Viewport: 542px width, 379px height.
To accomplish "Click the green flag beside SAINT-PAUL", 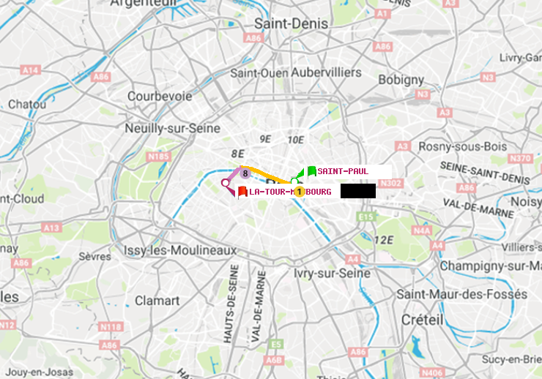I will tap(312, 171).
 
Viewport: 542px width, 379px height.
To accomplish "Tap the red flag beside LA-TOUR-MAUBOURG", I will tap(242, 192).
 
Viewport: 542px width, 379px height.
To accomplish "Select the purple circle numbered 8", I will tap(245, 173).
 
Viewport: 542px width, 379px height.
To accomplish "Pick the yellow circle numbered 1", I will tap(299, 191).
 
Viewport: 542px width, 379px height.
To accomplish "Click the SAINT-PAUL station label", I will tap(343, 171).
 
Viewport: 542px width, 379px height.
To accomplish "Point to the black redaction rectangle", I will tap(357, 191).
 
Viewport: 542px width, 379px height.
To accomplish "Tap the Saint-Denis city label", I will tap(291, 23).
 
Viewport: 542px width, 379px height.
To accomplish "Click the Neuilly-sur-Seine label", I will tap(173, 127).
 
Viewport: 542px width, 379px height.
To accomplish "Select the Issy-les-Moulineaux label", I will tap(180, 250).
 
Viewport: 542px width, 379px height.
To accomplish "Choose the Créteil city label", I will tap(422, 320).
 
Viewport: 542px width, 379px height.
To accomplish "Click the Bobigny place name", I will tap(400, 79).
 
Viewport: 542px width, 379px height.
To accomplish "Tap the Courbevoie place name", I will tap(160, 96).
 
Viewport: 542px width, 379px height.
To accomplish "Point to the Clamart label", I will tap(157, 301).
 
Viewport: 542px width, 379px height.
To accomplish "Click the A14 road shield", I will tap(30, 70).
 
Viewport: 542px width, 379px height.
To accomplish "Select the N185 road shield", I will tap(158, 156).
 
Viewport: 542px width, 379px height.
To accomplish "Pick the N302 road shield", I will tap(392, 183).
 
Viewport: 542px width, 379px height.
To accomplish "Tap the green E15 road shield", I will tap(366, 217).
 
